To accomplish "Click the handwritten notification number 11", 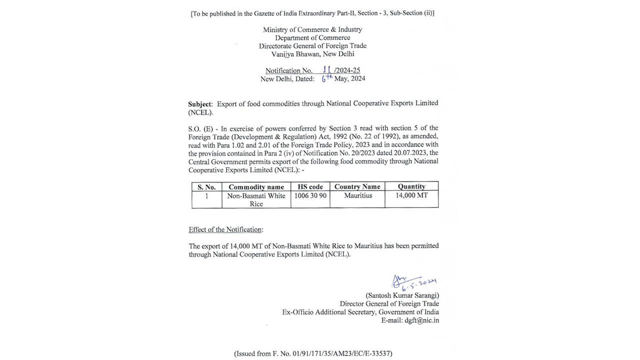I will pos(327,69).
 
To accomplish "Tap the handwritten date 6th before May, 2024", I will pos(327,78).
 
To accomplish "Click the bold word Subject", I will pos(200,104).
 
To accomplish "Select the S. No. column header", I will pos(206,186).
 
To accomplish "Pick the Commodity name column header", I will pos(256,186).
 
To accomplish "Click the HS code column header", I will pos(310,186).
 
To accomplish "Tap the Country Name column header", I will pos(357,186).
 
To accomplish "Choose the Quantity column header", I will pos(411,186).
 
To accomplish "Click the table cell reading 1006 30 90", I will pos(310,195).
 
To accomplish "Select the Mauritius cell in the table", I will pos(358,195).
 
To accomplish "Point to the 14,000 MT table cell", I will pos(411,195).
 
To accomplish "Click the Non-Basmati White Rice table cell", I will pos(256,199).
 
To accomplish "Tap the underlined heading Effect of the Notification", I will pos(225,229).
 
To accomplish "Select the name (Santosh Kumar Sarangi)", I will pos(402,295).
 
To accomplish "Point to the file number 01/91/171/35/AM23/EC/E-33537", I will pos(339,353).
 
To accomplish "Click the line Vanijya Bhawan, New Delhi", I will pos(312,54).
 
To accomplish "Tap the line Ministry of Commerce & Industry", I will pos(312,29).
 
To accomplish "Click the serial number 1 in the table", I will pos(206,195).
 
